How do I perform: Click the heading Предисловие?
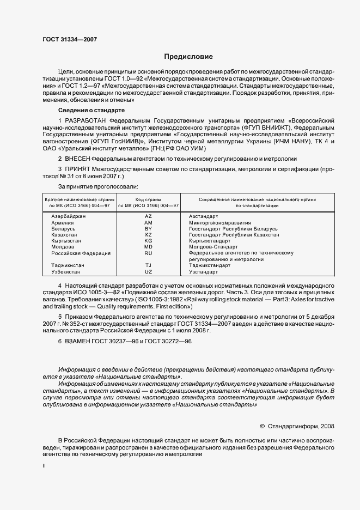point(189,56)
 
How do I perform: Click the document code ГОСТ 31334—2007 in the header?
point(69,39)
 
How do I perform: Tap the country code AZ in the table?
point(148,217)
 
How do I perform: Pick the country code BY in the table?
point(148,229)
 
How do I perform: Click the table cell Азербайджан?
point(69,217)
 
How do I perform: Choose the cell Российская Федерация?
point(81,253)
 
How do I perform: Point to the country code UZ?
point(148,271)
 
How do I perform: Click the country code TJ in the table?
point(148,265)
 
